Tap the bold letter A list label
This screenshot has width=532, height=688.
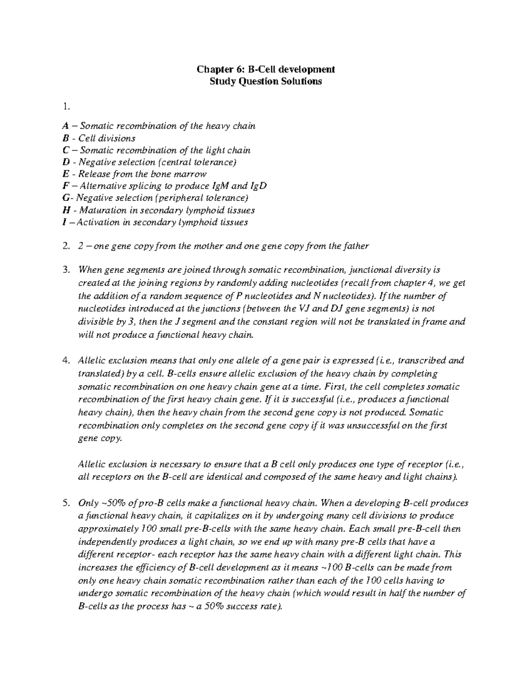coord(66,126)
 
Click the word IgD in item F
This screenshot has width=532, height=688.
coord(258,186)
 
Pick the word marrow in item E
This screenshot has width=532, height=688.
coord(192,174)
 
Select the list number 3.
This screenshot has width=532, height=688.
coord(66,270)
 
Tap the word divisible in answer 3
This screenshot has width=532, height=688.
coord(94,322)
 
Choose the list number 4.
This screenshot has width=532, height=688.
coord(66,361)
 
